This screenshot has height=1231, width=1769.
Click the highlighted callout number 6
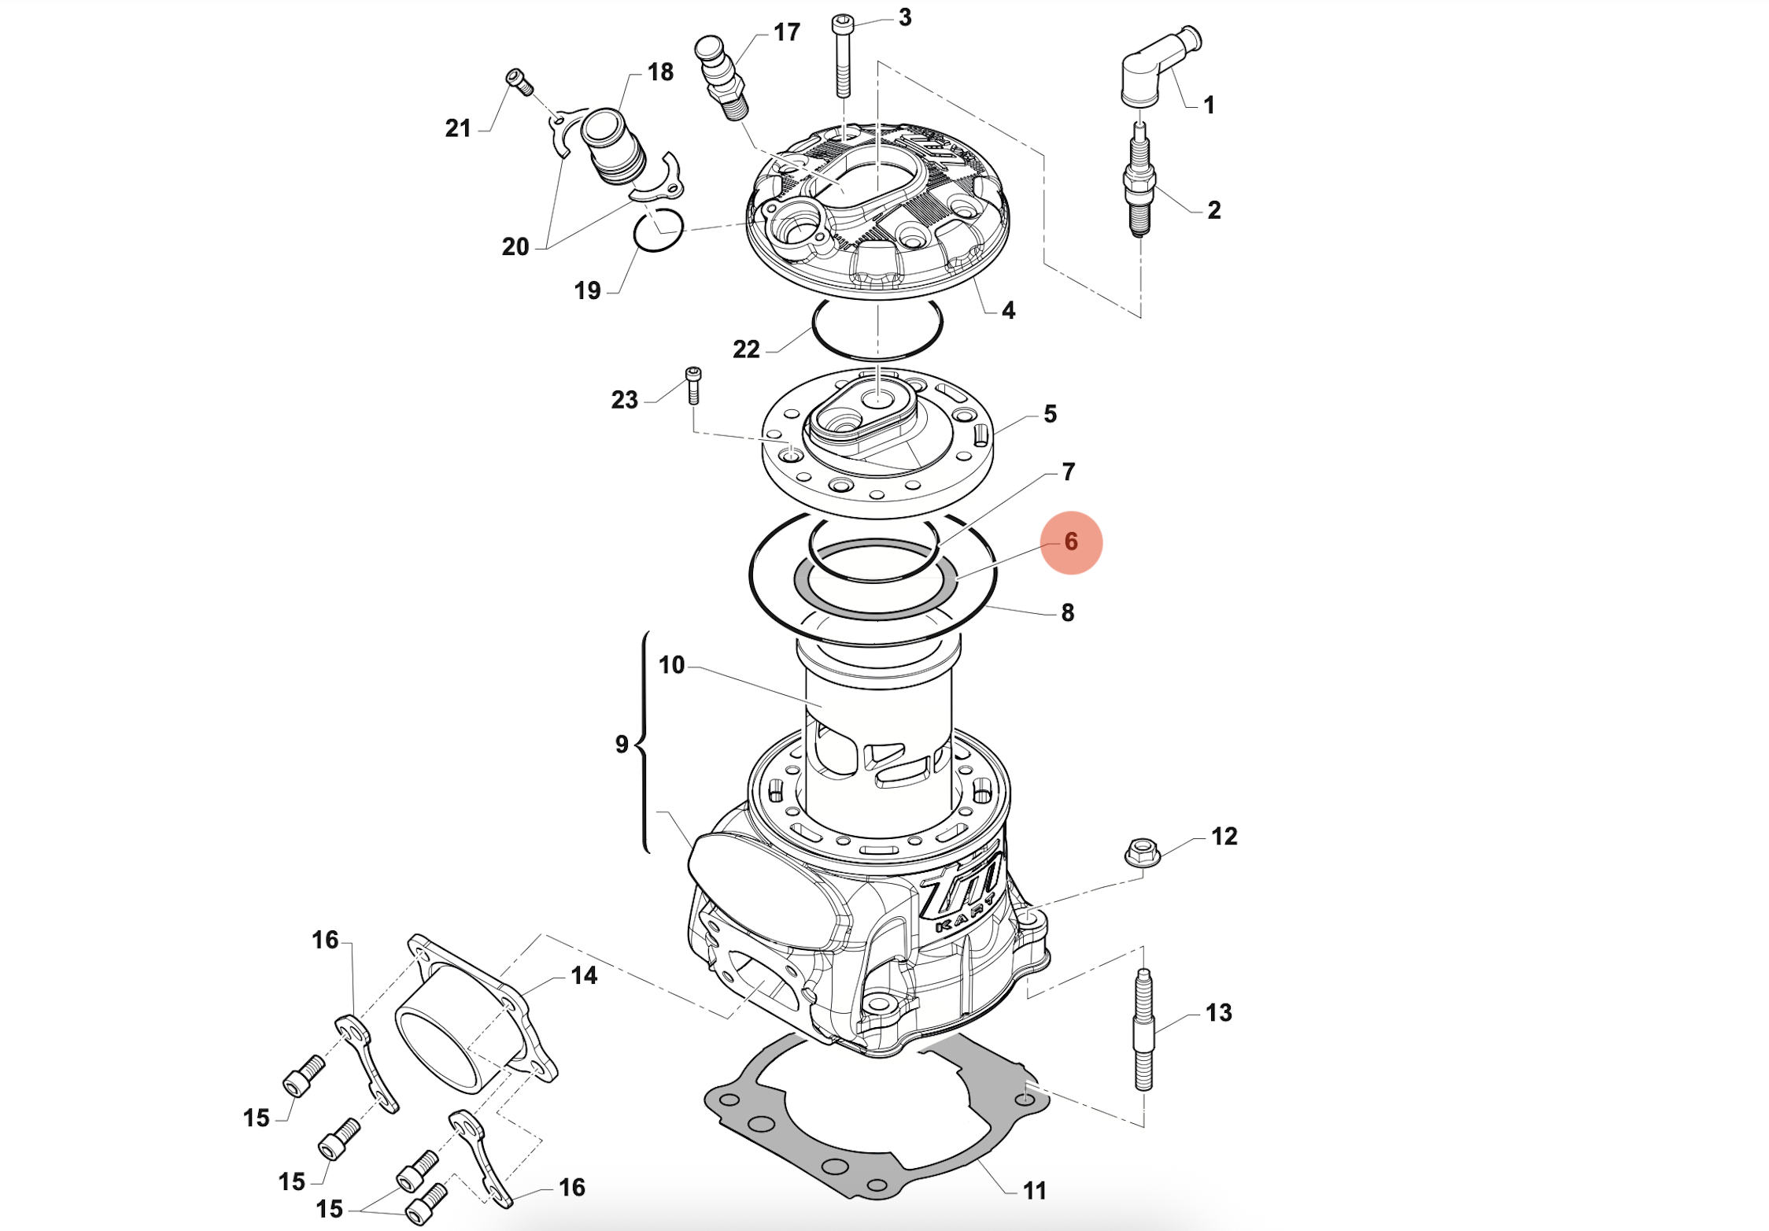(x=1070, y=542)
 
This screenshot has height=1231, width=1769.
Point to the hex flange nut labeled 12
(x=1142, y=852)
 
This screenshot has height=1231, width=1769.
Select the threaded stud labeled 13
(x=1143, y=1030)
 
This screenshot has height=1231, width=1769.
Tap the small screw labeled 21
(x=520, y=82)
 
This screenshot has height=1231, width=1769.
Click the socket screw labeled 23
(x=693, y=386)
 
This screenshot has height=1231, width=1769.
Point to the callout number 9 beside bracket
(x=622, y=745)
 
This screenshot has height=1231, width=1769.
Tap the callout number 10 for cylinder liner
(x=671, y=666)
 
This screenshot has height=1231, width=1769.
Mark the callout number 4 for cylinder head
(x=1008, y=311)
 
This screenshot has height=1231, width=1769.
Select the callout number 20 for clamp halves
(x=515, y=247)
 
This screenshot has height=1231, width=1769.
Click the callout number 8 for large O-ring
(x=1067, y=613)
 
